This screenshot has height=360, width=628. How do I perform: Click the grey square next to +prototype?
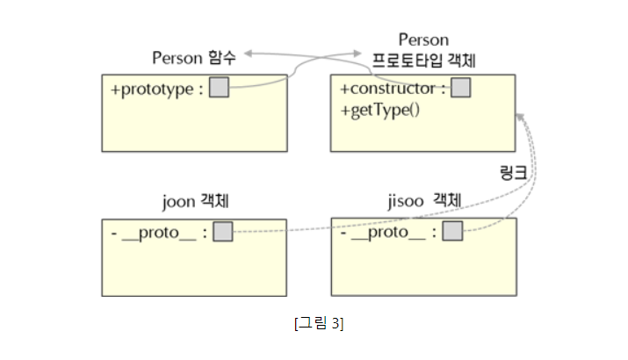click(x=220, y=88)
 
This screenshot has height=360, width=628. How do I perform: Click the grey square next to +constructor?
click(x=460, y=88)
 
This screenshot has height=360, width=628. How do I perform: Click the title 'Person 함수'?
click(x=194, y=58)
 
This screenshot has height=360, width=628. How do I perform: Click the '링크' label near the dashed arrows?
click(x=513, y=171)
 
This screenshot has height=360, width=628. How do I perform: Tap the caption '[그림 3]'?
click(x=319, y=323)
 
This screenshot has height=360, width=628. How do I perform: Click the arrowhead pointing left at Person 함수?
click(x=249, y=54)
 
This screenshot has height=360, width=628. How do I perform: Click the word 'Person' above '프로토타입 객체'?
click(x=423, y=40)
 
